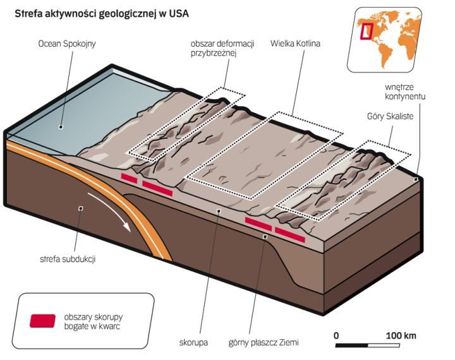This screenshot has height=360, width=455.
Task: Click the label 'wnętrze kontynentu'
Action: (405, 92)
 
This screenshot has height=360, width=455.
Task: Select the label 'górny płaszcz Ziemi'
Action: (263, 344)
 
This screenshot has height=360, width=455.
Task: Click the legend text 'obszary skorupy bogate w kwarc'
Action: (92, 320)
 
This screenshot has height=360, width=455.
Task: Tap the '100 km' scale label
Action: (401, 335)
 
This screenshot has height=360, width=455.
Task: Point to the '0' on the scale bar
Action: (337, 335)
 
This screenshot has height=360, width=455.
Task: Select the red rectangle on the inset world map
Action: (366, 29)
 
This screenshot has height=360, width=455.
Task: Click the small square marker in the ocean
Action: (61, 127)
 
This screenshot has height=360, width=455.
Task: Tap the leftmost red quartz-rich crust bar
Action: (129, 179)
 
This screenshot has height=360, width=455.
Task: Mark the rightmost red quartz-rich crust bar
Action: (290, 235)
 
